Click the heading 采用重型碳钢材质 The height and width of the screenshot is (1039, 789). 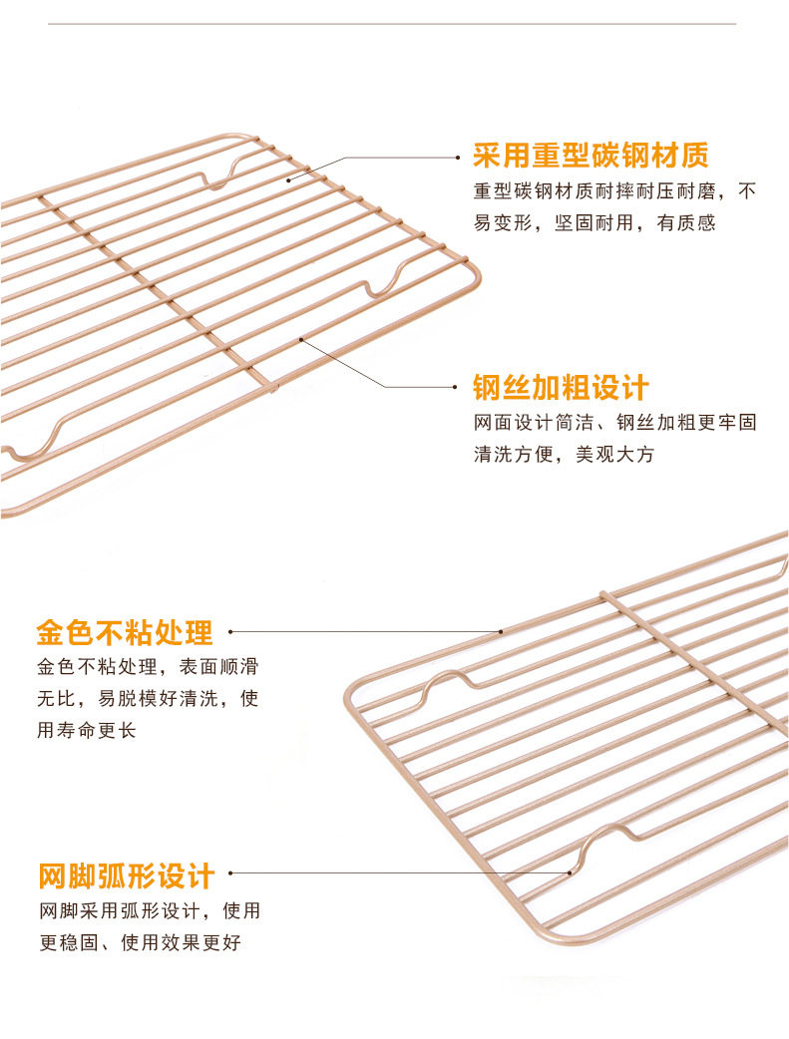click(591, 156)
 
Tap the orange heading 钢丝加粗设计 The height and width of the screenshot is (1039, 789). click(561, 388)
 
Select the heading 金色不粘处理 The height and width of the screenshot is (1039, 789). click(125, 632)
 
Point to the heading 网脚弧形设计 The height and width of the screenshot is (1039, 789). click(127, 876)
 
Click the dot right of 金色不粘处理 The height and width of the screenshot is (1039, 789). click(231, 631)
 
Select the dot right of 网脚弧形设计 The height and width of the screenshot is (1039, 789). click(231, 873)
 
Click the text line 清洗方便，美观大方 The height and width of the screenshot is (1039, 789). click(564, 455)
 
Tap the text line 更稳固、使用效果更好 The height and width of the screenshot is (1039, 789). click(140, 942)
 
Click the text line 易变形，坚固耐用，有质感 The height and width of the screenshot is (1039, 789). click(594, 222)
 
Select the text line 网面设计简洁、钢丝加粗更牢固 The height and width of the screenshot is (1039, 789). click(614, 422)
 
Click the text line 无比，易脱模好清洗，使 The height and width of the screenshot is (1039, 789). click(148, 698)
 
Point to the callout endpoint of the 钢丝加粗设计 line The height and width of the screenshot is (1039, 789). click(300, 339)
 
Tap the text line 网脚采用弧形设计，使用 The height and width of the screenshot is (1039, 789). click(150, 910)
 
